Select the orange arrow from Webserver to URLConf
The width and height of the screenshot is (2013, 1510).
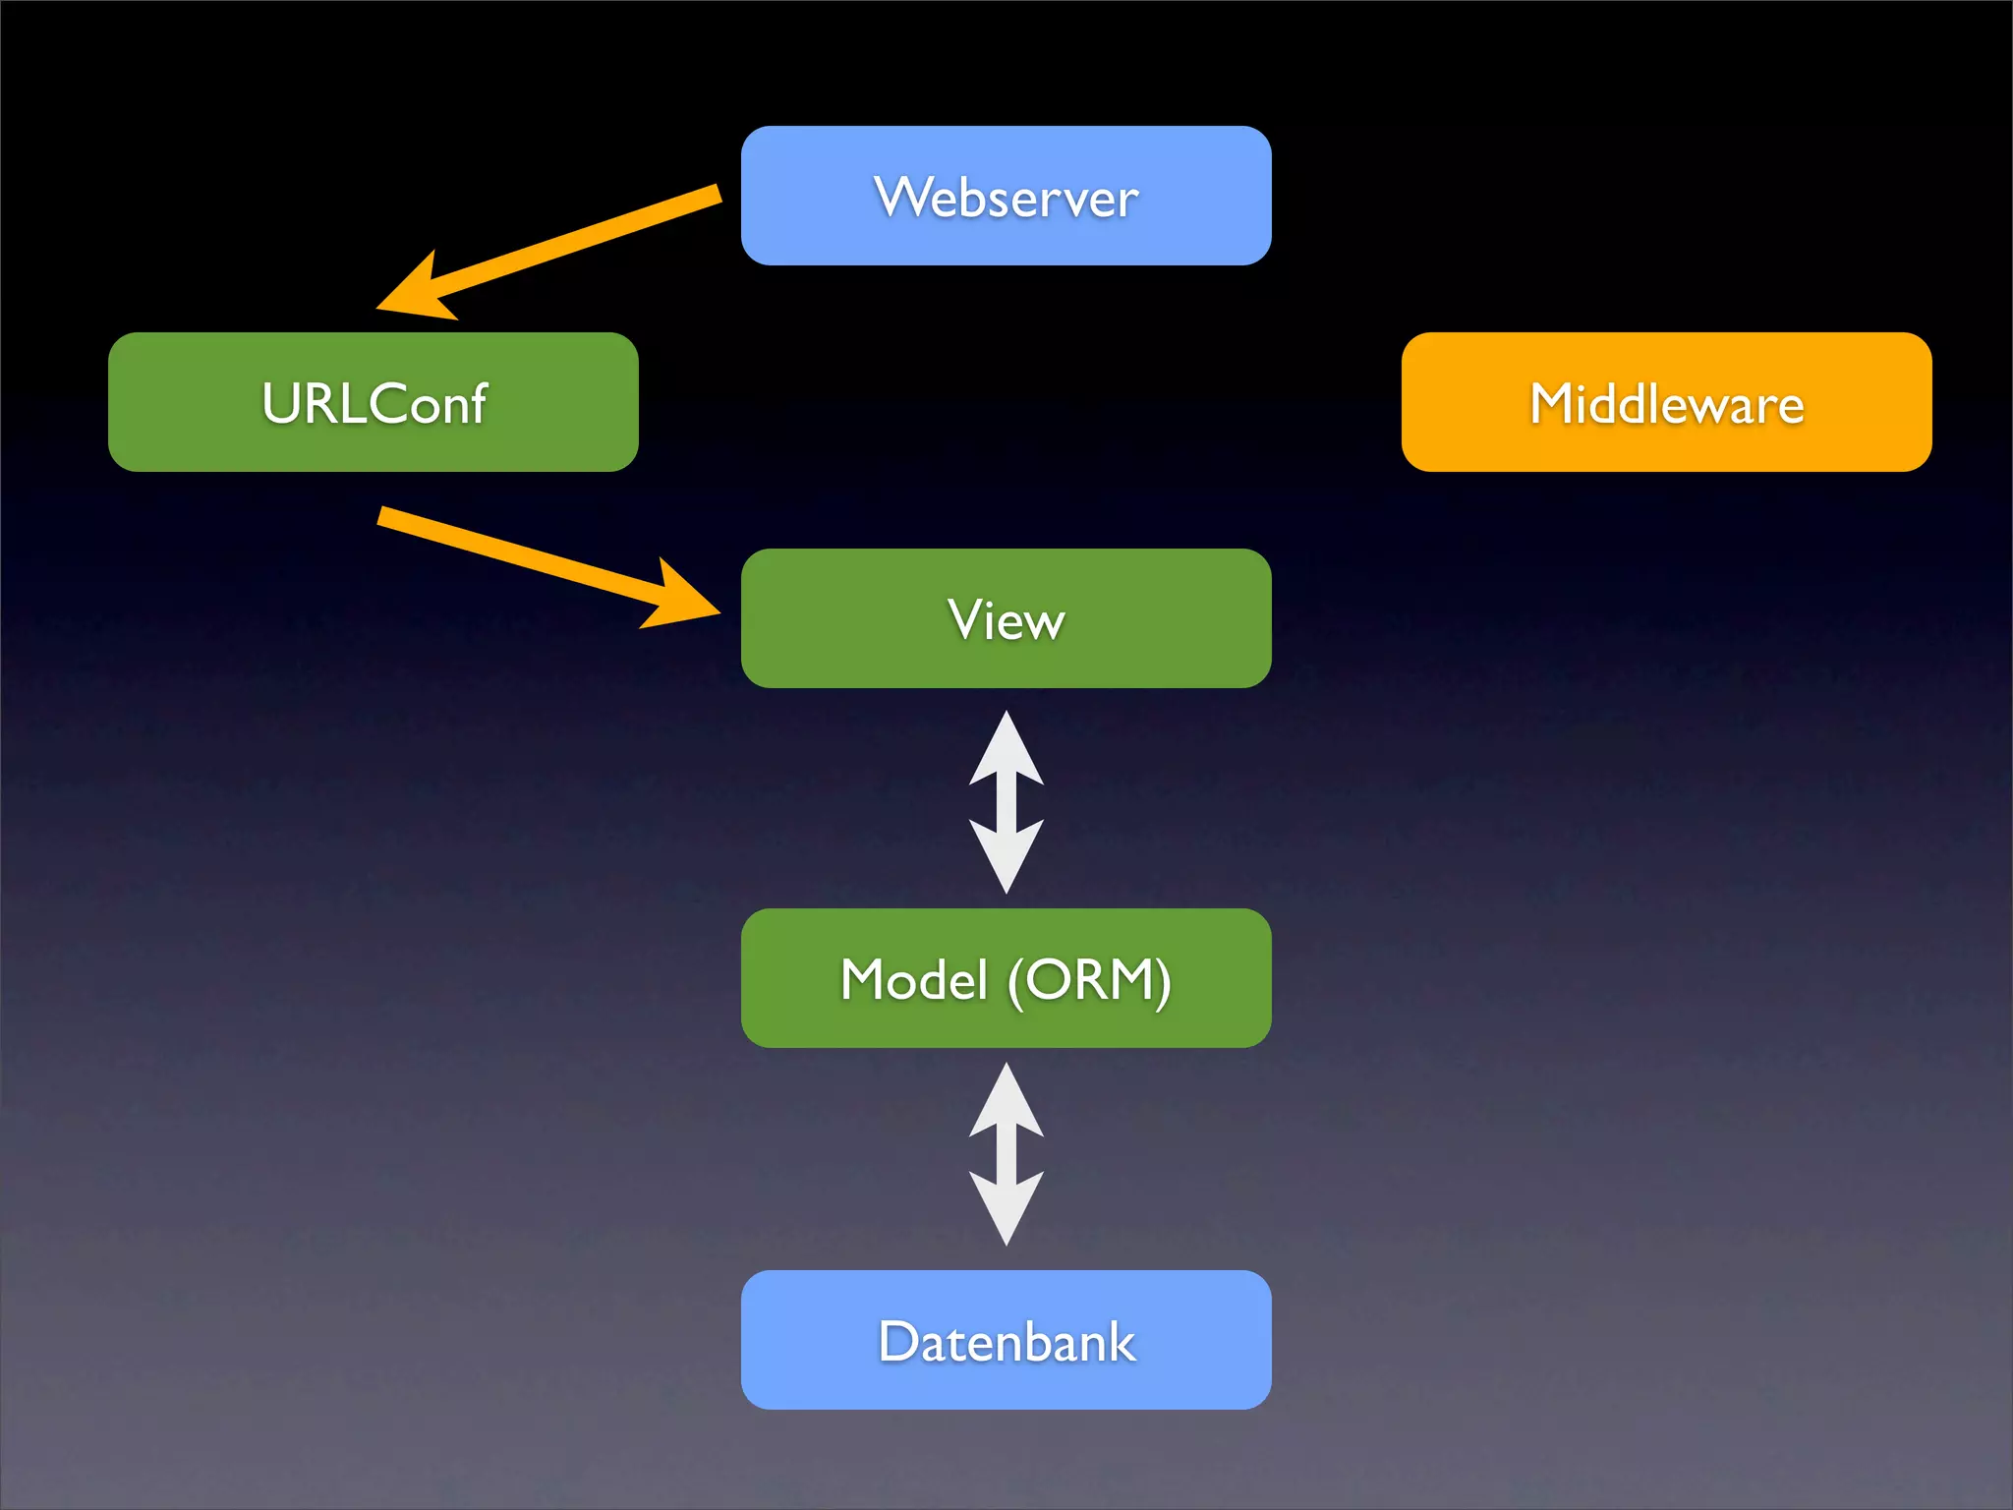[x=580, y=241]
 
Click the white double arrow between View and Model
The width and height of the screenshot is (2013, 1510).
[x=1006, y=802]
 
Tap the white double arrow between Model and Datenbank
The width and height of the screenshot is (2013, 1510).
[x=1006, y=1154]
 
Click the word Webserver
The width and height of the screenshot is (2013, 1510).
[x=1006, y=198]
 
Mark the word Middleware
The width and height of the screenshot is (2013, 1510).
[x=1666, y=404]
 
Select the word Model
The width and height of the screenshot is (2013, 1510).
[x=913, y=980]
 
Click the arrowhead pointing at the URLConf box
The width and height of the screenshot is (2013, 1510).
[x=418, y=293]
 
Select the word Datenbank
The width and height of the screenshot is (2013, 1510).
[x=1006, y=1342]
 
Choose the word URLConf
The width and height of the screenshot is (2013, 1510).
[x=374, y=404]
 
